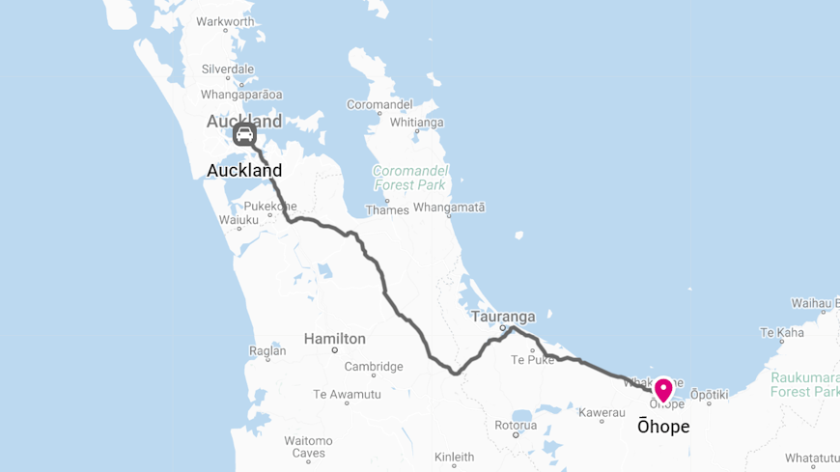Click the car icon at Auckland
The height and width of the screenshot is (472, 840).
point(244,133)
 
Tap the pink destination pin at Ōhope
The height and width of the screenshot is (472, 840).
point(663,389)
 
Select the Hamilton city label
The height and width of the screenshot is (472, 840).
point(334,339)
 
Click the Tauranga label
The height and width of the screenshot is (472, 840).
point(503,317)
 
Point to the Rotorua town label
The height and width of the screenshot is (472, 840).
point(516,425)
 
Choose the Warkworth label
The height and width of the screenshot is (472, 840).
point(225,21)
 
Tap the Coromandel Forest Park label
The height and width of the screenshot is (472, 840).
point(409,178)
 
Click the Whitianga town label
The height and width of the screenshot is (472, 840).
point(416,123)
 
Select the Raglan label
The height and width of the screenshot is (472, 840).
point(267,352)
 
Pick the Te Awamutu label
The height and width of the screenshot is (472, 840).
point(347,394)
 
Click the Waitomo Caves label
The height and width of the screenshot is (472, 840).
point(309,447)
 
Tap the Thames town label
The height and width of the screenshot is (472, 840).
point(386,209)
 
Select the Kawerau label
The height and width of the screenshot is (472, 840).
point(602,412)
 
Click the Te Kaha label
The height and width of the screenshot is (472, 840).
point(782,333)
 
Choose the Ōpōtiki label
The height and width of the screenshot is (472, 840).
point(709,396)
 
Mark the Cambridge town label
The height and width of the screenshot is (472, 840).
point(374,367)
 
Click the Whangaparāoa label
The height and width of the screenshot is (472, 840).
point(241,95)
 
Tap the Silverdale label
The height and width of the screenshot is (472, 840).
point(228,69)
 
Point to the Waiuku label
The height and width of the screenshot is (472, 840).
point(238,220)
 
